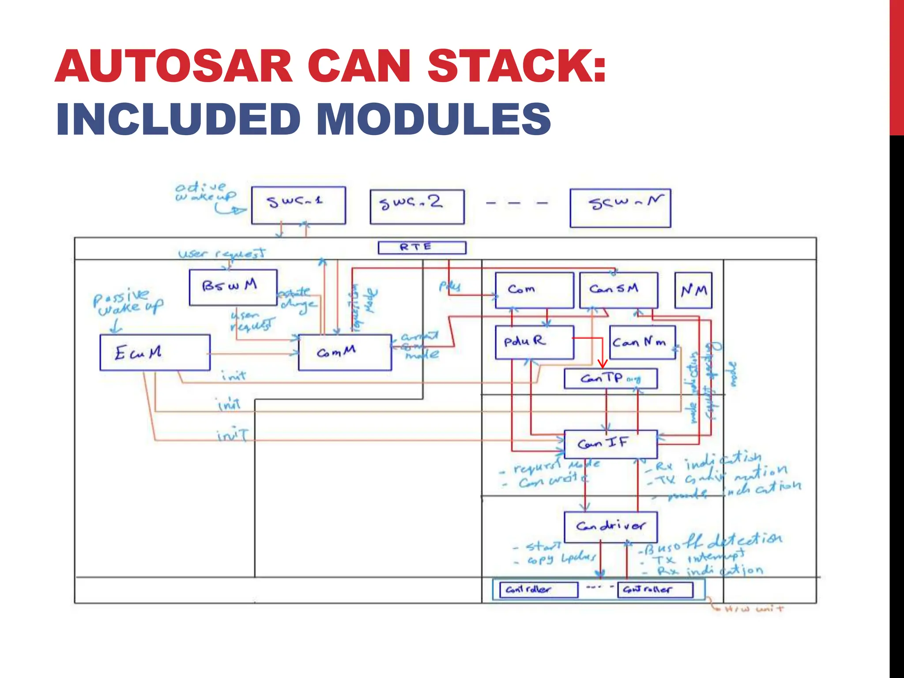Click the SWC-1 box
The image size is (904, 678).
pyautogui.click(x=298, y=205)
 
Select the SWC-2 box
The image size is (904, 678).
pyautogui.click(x=417, y=207)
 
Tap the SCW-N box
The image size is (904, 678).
pyautogui.click(x=620, y=208)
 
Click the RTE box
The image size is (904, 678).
pyautogui.click(x=422, y=247)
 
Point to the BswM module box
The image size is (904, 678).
pyautogui.click(x=233, y=287)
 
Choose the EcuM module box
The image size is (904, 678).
pyautogui.click(x=155, y=352)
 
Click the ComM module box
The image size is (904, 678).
pyautogui.click(x=345, y=352)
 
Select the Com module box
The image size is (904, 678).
pyautogui.click(x=535, y=290)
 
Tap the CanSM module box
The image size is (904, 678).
pyautogui.click(x=618, y=290)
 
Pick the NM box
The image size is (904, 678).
pyautogui.click(x=693, y=290)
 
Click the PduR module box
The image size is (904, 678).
pyautogui.click(x=535, y=342)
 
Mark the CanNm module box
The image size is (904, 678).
pyautogui.click(x=642, y=342)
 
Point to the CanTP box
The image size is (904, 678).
pyautogui.click(x=610, y=379)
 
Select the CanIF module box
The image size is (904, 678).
pyautogui.click(x=610, y=444)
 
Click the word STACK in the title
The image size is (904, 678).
pyautogui.click(x=516, y=66)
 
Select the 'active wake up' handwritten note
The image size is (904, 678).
pyautogui.click(x=205, y=192)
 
